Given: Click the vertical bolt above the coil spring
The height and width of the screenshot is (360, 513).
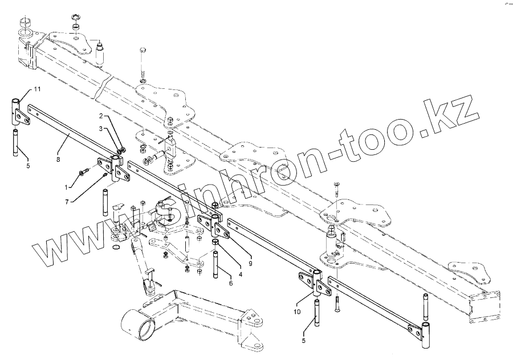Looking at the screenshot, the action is (x=142, y=58).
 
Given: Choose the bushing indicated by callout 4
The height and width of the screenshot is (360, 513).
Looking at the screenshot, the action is (x=217, y=244).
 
